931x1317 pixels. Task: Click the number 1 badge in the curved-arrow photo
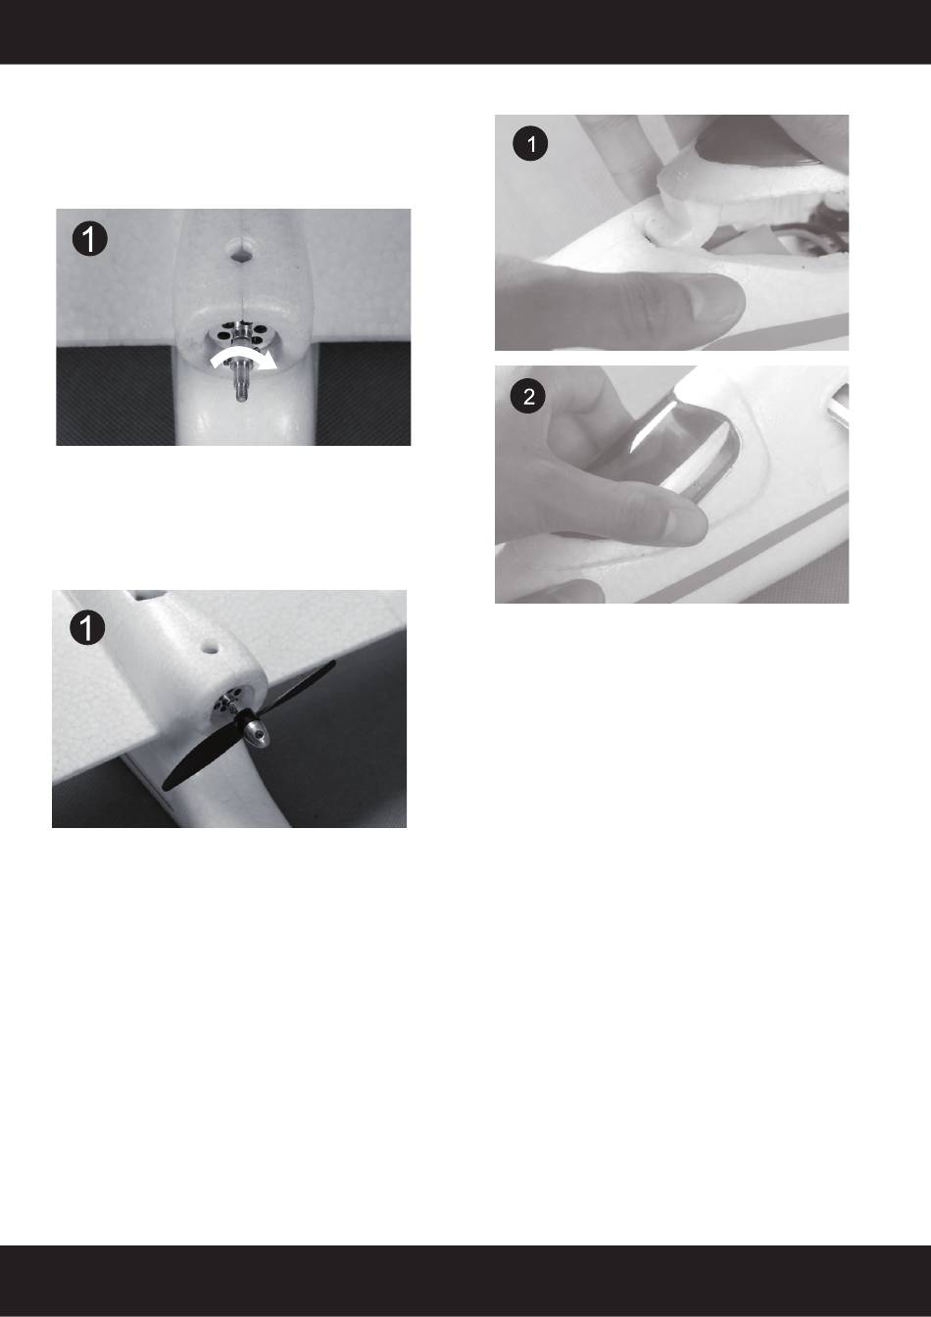point(90,239)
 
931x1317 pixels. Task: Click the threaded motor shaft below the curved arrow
point(241,381)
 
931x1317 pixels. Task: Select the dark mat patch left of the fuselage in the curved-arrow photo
point(117,396)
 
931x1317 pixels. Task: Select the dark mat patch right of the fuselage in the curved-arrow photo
point(364,394)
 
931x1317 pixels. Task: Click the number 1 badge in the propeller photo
point(87,627)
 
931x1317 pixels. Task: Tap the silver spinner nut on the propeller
point(257,734)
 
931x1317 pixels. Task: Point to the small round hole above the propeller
point(211,649)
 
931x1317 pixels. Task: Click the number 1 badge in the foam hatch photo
point(530,144)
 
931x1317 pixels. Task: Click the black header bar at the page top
point(465,31)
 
